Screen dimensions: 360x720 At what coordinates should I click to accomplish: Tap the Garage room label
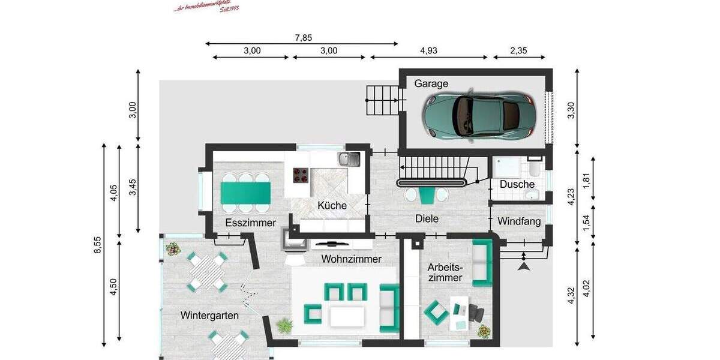click(431, 84)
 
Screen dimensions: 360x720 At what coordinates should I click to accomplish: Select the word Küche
click(332, 205)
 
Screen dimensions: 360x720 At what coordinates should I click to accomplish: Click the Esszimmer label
click(250, 223)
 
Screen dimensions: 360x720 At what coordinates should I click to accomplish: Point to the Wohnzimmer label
click(351, 259)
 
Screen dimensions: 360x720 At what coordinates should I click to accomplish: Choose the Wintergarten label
click(209, 315)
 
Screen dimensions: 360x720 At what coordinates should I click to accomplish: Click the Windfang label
click(519, 221)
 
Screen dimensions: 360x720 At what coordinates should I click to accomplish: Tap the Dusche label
click(517, 184)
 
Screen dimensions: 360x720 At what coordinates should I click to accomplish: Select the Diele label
click(427, 219)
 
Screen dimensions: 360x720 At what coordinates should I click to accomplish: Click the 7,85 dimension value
click(303, 38)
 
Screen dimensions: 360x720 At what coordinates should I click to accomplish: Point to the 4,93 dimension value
click(428, 51)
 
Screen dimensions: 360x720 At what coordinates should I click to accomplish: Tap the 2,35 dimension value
click(518, 51)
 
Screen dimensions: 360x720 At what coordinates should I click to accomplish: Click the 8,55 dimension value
click(98, 245)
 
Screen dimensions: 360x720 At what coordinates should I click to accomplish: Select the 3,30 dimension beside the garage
click(571, 111)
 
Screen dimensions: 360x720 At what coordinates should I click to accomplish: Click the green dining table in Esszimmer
click(245, 193)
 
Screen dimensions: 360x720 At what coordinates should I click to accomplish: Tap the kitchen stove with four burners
click(301, 175)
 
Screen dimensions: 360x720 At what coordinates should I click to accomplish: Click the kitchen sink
click(348, 159)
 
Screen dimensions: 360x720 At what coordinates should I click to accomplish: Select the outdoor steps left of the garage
click(382, 100)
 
